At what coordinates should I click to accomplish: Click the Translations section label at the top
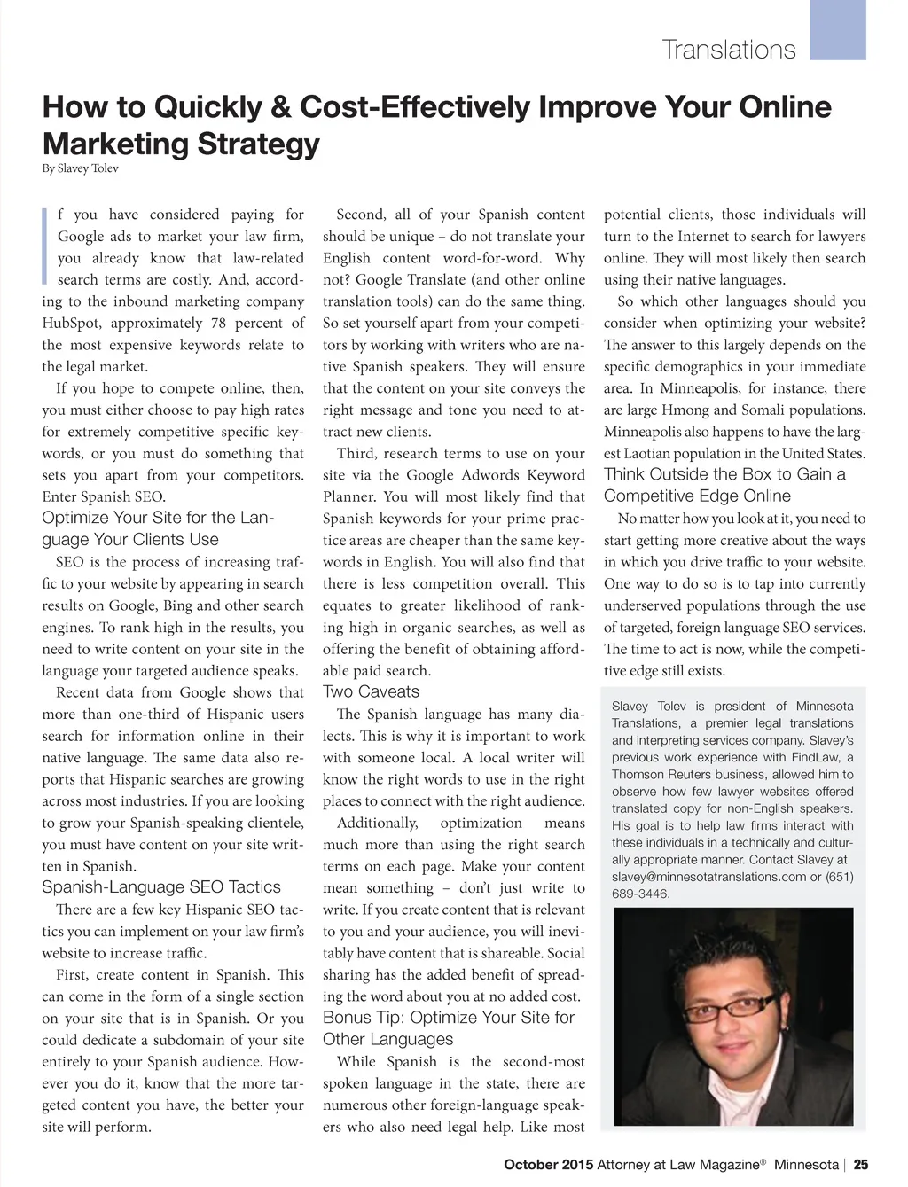(729, 50)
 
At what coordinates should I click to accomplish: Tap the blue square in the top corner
(838, 29)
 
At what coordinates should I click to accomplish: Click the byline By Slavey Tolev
(80, 168)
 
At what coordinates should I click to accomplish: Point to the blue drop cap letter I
(45, 246)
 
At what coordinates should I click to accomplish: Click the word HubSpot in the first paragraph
(72, 324)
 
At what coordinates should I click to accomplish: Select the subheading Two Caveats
(371, 692)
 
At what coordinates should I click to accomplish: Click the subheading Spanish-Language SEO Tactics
(160, 887)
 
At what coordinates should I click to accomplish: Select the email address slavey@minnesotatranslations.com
(700, 877)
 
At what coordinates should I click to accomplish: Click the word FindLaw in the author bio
(810, 758)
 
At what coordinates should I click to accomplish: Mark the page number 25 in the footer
(861, 1165)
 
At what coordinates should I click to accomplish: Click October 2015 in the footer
(548, 1165)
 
